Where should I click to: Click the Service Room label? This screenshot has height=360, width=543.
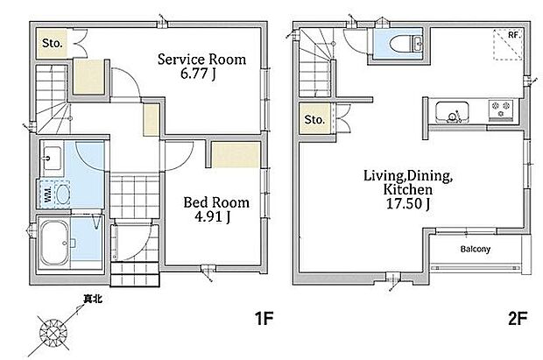tap(202, 60)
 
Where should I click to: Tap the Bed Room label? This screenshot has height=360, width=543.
tap(216, 202)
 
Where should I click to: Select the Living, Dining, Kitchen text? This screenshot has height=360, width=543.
tap(408, 182)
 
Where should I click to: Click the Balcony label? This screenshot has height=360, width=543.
tap(476, 249)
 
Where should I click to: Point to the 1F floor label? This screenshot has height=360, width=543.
tap(264, 318)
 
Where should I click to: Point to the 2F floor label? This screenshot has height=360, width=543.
tap(518, 318)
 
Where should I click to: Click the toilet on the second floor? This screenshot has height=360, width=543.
tap(405, 44)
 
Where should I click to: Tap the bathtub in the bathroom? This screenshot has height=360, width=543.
tap(54, 244)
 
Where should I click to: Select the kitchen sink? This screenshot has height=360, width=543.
tap(452, 112)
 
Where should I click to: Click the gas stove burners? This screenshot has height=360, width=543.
tap(501, 109)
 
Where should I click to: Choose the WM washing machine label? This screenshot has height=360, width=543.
tap(48, 194)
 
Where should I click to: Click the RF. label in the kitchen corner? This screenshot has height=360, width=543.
tap(515, 35)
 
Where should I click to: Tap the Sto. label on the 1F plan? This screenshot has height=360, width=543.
tap(53, 43)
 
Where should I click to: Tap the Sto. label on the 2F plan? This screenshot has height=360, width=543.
tap(314, 119)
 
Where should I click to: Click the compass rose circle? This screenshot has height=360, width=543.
tap(53, 334)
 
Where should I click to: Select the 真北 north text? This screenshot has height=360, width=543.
tap(93, 299)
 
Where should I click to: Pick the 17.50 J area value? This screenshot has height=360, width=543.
tap(408, 204)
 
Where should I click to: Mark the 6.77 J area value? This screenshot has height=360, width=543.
tap(198, 74)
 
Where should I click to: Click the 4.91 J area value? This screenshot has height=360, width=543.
tap(213, 217)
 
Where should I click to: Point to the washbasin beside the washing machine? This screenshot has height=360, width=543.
tap(53, 159)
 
